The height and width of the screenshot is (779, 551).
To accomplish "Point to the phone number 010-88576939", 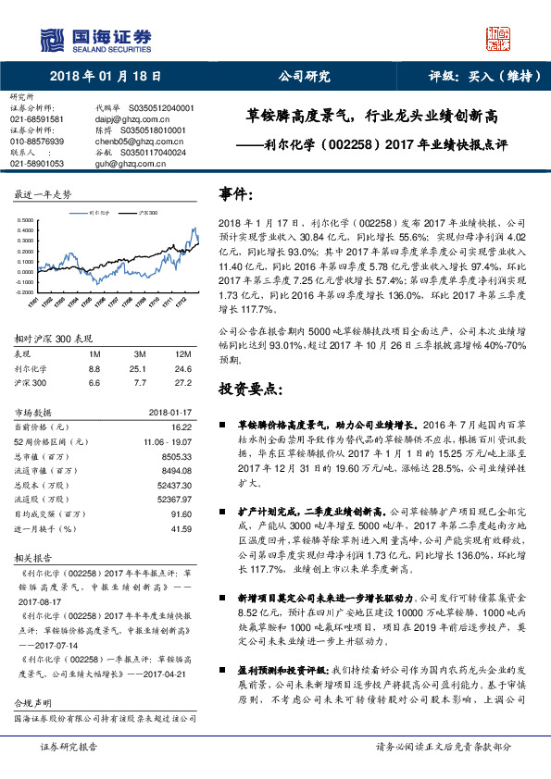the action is click(x=37, y=141).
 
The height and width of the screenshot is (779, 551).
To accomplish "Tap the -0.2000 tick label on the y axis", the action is click(x=24, y=266).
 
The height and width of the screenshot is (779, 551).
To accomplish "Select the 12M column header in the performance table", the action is click(x=182, y=354).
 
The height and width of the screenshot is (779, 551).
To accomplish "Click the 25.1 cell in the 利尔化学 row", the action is click(x=140, y=368).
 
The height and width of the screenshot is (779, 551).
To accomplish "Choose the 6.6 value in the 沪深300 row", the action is click(x=94, y=382).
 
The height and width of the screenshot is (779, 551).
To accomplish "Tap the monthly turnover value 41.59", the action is click(x=181, y=529).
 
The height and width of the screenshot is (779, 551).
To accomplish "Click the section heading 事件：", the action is click(x=235, y=196).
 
